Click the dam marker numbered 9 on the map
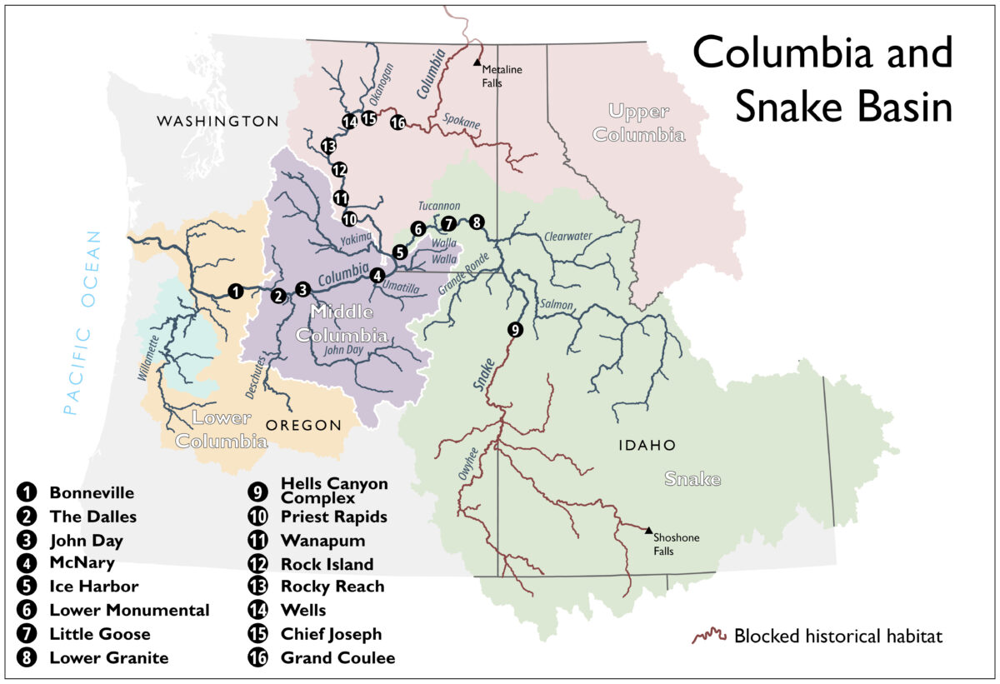[x=515, y=330]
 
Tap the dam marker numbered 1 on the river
[x=236, y=291]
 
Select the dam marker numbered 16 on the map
[x=397, y=123]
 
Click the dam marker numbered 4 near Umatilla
[x=377, y=275]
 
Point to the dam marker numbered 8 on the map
[x=476, y=222]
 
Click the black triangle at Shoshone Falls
[x=648, y=529]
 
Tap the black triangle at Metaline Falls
[x=477, y=62]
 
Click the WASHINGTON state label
[x=217, y=122]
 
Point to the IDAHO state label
[x=647, y=446]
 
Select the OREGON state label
[x=303, y=425]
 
